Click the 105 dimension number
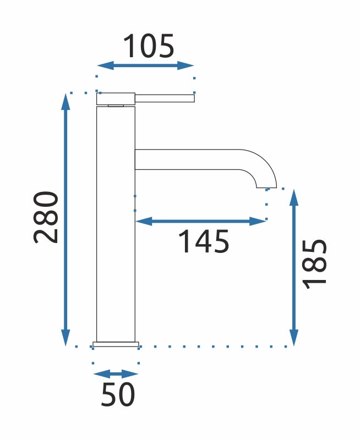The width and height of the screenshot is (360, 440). [x=149, y=46]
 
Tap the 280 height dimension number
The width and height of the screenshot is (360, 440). [x=46, y=217]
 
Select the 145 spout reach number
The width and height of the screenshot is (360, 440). [x=204, y=241]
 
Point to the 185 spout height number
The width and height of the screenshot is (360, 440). [x=315, y=264]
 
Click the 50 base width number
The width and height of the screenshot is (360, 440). [x=118, y=394]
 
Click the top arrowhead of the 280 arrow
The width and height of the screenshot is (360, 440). [x=66, y=102]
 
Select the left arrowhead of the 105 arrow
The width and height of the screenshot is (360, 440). [x=106, y=65]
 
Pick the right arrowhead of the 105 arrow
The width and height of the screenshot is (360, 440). [x=186, y=65]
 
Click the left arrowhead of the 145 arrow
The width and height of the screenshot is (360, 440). [x=144, y=221]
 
